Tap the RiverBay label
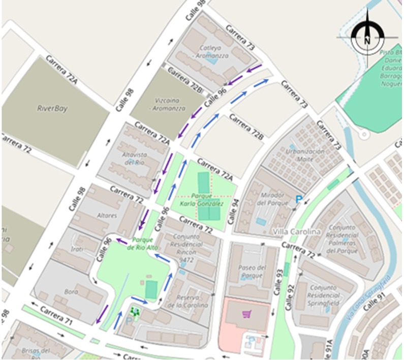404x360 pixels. click(52, 108)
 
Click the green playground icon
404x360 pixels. click(135, 311)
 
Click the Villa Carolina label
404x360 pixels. click(297, 232)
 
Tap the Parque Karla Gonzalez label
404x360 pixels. click(202, 199)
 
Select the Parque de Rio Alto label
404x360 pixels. click(146, 244)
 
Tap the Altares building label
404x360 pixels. click(106, 216)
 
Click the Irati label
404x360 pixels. click(77, 249)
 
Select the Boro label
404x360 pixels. click(71, 292)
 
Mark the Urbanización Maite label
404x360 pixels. click(305, 156)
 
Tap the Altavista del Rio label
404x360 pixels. click(134, 158)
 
